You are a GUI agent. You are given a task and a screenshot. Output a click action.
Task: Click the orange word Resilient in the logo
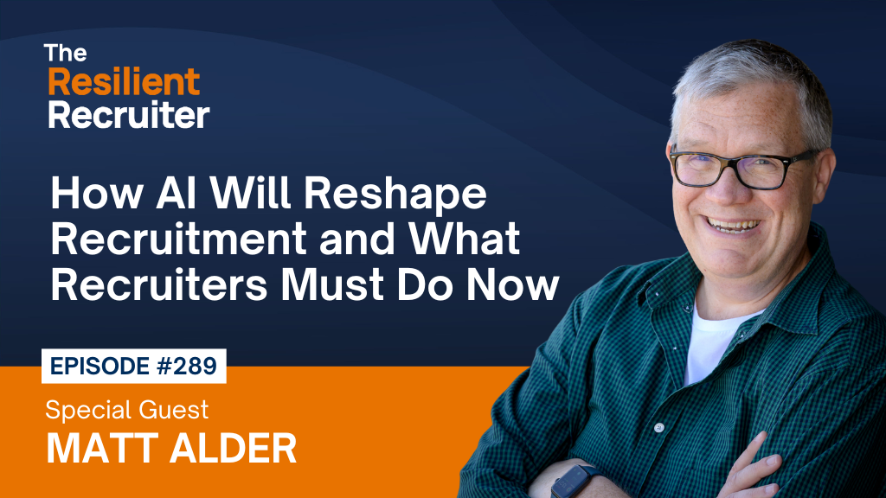pos(124,82)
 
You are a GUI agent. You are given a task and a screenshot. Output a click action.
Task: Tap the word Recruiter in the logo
pos(129,115)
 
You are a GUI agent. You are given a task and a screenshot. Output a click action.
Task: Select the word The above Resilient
pos(66,53)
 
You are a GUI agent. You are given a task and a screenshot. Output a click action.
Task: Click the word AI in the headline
pos(177,193)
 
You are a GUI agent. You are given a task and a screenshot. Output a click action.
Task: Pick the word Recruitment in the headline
pos(178,239)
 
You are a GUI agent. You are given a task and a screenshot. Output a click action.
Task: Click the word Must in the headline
pos(332,284)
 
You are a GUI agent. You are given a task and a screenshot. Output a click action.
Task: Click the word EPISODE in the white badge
pos(100,366)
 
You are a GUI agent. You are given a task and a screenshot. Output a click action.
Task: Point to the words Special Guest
pos(127,409)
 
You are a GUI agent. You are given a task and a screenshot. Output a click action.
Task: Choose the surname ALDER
pos(233,449)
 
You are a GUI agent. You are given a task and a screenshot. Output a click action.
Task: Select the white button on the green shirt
pos(658,428)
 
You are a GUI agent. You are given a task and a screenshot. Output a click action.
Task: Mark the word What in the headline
pos(464,239)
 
